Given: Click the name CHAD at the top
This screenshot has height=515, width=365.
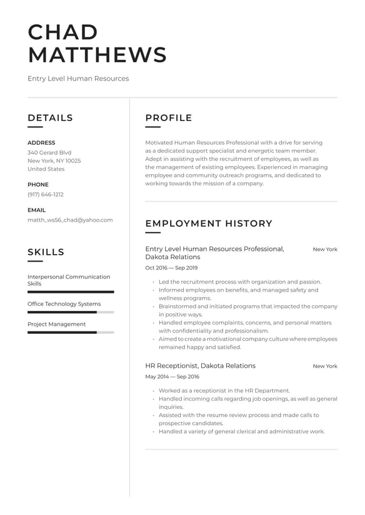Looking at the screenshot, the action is (x=63, y=32).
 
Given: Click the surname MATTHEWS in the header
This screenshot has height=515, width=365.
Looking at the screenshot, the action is (x=97, y=55).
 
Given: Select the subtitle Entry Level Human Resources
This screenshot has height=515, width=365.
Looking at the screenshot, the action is (x=78, y=79).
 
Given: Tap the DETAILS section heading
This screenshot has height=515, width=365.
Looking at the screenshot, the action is (x=50, y=118).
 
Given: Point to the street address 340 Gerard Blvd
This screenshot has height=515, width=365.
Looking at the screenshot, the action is (x=49, y=152).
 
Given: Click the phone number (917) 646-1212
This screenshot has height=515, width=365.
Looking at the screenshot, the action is (x=46, y=194).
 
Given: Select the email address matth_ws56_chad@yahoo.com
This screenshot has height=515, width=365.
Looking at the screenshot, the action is (x=70, y=220).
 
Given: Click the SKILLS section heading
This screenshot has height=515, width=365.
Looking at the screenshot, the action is (x=46, y=252).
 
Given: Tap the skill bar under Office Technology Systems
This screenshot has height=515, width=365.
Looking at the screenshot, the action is (x=71, y=311).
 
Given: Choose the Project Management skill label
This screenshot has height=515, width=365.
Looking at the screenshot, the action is (x=56, y=324).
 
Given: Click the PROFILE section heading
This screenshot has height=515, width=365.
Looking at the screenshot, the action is (x=169, y=118).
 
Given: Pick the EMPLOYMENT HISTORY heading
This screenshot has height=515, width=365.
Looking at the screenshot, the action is (x=209, y=223).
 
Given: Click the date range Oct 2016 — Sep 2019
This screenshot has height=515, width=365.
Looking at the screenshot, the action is (x=171, y=268).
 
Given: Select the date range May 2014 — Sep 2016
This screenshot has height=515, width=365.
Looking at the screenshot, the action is (x=172, y=377).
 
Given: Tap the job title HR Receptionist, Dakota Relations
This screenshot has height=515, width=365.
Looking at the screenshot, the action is (x=200, y=366).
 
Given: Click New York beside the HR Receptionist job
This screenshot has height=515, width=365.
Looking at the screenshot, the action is (x=324, y=366).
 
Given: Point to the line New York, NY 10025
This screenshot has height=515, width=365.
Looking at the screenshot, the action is (x=54, y=160).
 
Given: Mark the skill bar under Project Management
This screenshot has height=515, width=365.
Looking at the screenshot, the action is (x=71, y=332).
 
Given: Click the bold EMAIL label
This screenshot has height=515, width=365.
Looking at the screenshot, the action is (x=36, y=210).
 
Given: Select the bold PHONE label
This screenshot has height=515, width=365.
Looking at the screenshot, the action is (x=37, y=185).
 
